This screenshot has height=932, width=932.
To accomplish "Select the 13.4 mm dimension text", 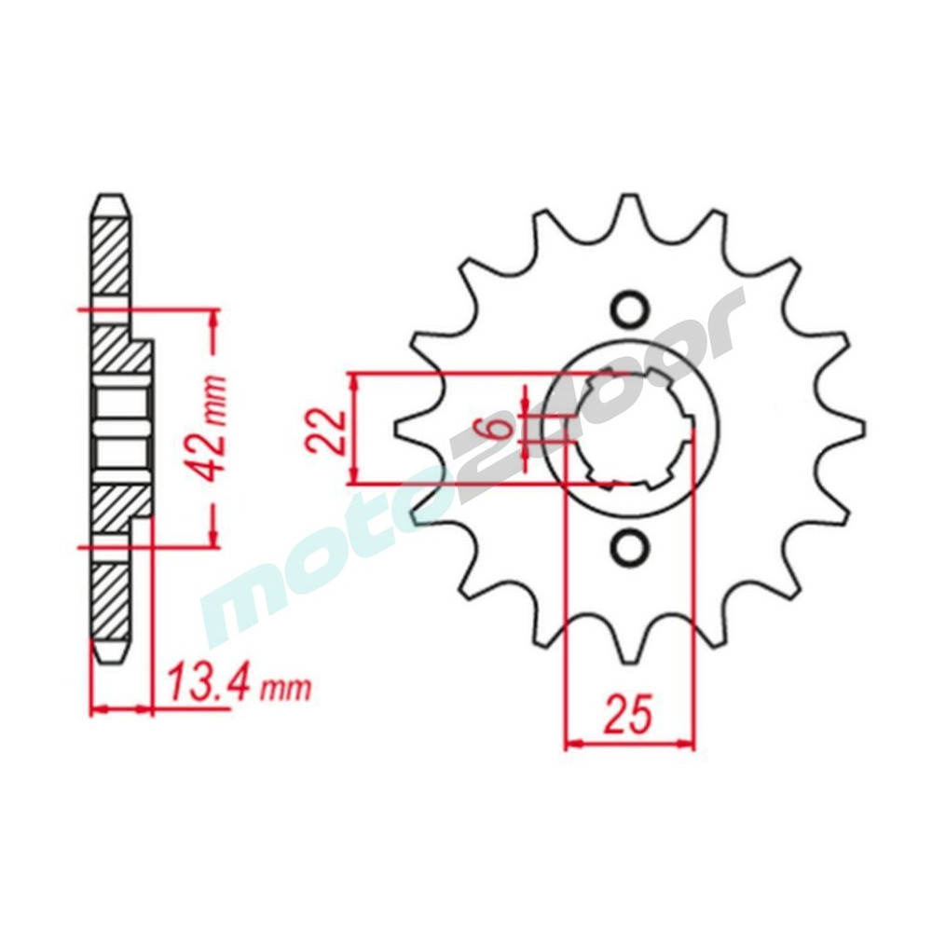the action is [240, 688].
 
